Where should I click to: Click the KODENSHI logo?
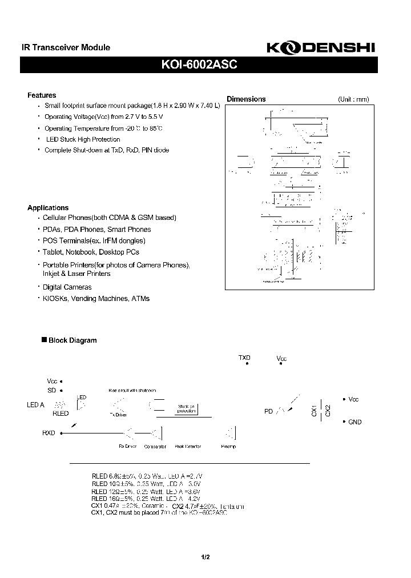[321, 49]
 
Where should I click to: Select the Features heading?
[42, 95]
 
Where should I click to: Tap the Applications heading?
[48, 208]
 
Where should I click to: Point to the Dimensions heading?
[246, 99]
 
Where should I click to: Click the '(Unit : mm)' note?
[353, 99]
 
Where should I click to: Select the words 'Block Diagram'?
[72, 340]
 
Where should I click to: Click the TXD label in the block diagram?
[244, 358]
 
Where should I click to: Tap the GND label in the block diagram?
[354, 422]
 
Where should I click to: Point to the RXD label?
[49, 433]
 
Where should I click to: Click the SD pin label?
[52, 390]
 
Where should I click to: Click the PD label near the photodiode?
[268, 411]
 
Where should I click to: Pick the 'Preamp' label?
[228, 446]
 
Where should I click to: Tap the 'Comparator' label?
[155, 446]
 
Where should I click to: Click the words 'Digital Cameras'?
[67, 287]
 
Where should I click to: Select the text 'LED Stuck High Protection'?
[82, 139]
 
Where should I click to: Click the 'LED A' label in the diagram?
[35, 405]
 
